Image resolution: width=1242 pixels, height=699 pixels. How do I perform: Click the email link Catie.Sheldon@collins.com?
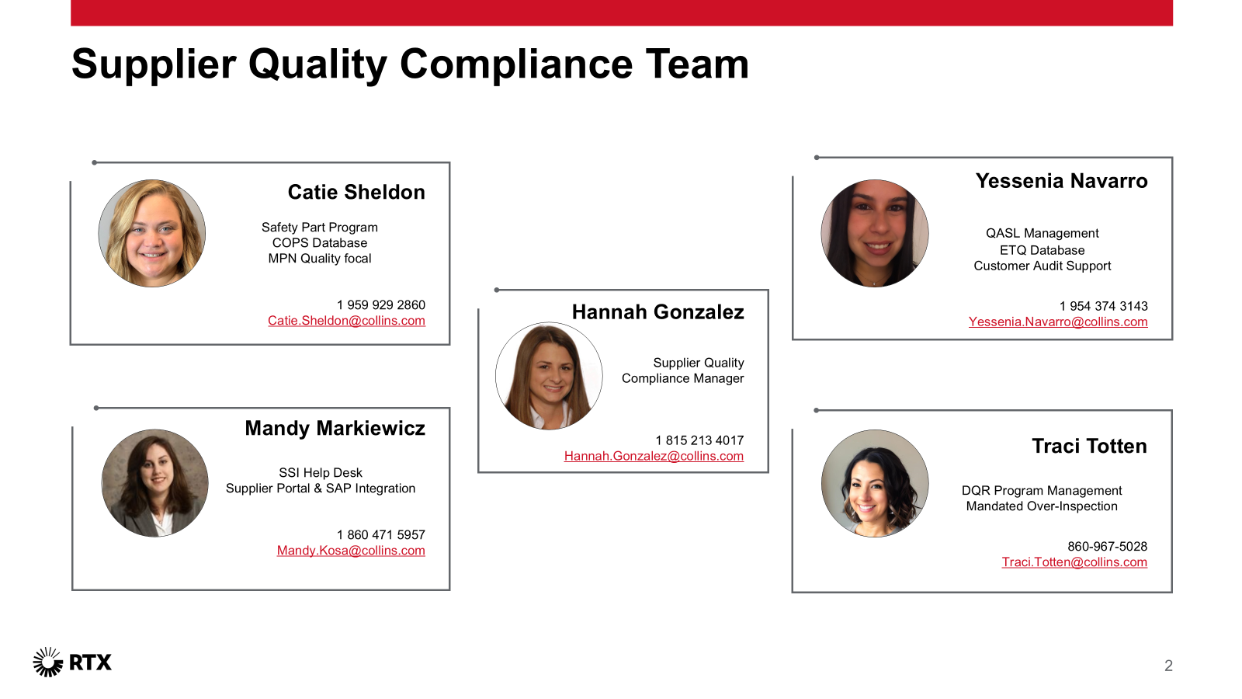pos(346,321)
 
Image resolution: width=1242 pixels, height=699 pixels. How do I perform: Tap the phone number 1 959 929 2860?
pos(381,304)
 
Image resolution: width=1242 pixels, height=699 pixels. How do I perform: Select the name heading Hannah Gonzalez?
pos(657,311)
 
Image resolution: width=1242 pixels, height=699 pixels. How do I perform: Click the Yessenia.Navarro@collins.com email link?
pos(1058,322)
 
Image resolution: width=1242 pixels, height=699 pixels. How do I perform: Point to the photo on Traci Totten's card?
pos(875,483)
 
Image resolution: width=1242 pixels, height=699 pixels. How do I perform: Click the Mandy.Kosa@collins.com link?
pos(351,551)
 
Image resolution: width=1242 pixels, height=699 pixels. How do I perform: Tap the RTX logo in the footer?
pos(72,662)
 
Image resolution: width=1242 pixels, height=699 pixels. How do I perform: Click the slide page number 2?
pos(1168,665)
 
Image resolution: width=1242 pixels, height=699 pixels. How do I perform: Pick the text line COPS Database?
pos(319,242)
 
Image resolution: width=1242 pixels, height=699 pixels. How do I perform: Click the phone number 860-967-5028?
pos(1107,547)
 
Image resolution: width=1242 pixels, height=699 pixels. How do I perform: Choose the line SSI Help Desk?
pos(321,473)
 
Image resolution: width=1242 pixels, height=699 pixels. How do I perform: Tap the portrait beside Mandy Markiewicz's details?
pos(155,483)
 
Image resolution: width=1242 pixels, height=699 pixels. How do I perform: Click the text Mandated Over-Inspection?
pos(1042,506)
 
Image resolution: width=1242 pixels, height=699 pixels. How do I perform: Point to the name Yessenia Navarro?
pos(1061,181)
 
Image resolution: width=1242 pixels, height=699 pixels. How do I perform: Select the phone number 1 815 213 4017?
pos(699,440)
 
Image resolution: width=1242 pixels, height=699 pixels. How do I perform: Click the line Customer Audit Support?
pos(1043,266)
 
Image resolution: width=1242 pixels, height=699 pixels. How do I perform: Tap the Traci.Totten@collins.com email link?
pos(1074,562)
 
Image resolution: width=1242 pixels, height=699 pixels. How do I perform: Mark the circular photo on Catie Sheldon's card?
pos(152,233)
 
